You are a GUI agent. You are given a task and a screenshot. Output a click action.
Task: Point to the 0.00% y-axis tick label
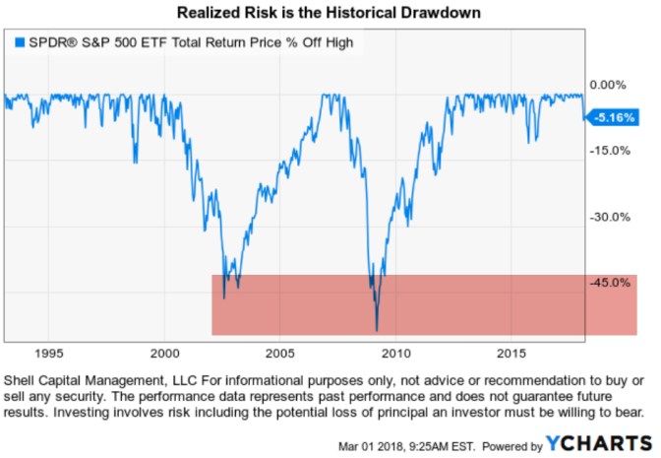tap(607, 85)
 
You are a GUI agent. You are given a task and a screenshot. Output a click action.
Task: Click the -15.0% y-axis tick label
tap(607, 151)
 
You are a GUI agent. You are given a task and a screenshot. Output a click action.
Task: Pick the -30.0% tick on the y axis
tap(607, 218)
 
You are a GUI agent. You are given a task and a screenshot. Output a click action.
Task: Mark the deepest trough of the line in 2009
tap(377, 329)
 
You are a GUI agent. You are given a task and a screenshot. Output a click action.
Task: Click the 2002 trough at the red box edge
tap(224, 296)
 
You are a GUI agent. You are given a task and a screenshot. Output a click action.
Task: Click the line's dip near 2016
tap(531, 141)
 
